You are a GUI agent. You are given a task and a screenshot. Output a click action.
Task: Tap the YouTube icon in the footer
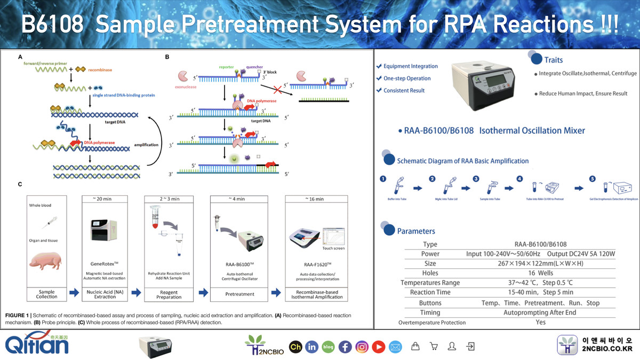point(379,347)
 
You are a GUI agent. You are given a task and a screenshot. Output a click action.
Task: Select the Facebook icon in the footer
point(345,347)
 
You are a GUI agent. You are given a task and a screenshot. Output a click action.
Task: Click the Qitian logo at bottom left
point(37,344)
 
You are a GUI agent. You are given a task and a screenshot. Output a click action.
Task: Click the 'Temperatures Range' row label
point(429,283)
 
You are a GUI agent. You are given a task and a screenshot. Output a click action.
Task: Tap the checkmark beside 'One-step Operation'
point(379,78)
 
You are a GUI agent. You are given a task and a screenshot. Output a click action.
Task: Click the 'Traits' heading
point(553,60)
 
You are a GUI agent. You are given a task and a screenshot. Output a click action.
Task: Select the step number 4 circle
point(519,179)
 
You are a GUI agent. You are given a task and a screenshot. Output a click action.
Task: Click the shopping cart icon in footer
point(433,347)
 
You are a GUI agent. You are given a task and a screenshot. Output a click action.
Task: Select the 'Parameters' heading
point(416,231)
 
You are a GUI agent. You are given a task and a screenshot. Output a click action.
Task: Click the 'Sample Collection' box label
point(47,294)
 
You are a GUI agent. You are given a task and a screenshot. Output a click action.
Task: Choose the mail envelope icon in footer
point(395,347)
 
